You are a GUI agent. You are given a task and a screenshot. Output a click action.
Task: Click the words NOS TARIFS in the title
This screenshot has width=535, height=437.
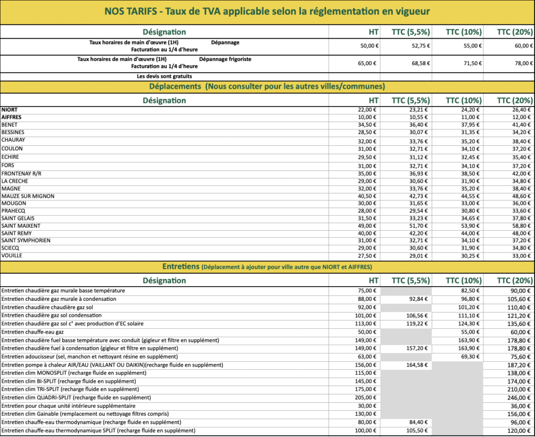coord(129,11)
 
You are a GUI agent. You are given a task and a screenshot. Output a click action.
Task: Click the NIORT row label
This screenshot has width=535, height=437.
coord(9,110)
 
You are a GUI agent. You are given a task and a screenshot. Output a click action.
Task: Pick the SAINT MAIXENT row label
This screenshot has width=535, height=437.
coord(20,226)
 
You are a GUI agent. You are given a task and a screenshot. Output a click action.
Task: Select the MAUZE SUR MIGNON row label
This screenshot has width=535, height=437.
coord(28,196)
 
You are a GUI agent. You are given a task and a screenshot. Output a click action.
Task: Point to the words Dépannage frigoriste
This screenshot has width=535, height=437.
coord(225,60)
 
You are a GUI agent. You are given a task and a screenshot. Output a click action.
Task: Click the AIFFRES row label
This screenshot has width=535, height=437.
coord(11,118)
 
